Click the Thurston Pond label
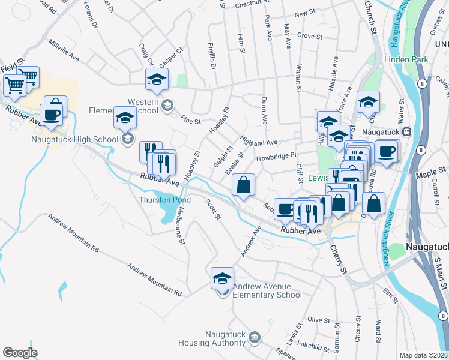click(165, 200)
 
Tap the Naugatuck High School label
click(75, 139)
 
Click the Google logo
click(20, 352)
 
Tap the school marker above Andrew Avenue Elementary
click(222, 278)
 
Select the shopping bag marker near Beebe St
click(243, 185)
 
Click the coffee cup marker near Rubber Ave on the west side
click(52, 114)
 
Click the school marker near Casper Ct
click(157, 79)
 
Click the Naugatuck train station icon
click(406, 131)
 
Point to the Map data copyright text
click(423, 355)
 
